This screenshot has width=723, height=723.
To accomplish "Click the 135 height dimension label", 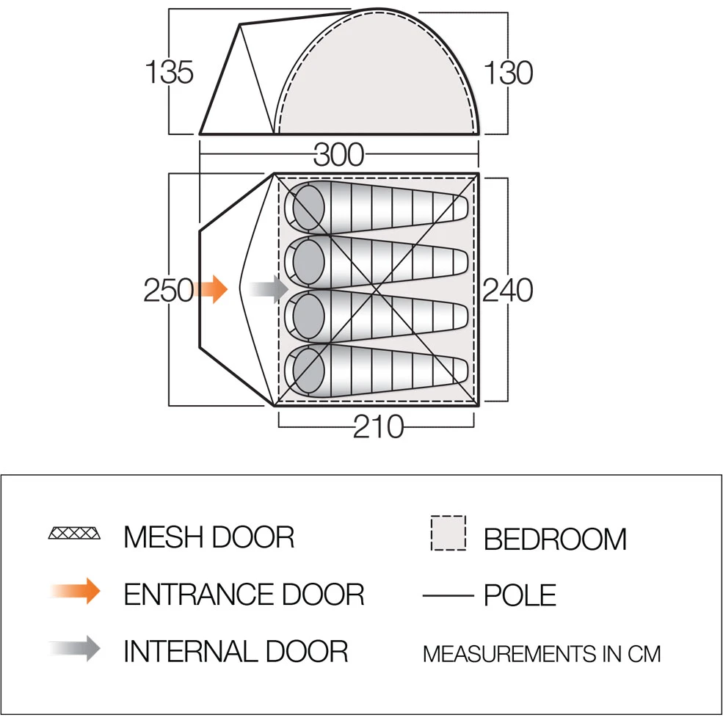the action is [169, 72].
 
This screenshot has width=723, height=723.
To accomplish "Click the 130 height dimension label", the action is [508, 73].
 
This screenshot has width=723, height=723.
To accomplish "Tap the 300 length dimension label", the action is [339, 154].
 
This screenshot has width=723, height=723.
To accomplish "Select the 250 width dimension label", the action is [168, 290].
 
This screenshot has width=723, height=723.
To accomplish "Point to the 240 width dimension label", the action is [508, 290].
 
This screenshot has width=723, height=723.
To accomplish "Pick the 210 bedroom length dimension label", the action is [378, 426].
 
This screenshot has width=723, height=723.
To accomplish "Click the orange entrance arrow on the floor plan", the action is [211, 290].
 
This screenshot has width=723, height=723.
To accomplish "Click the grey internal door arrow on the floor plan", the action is [269, 290].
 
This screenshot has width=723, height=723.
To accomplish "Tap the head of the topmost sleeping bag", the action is [308, 207].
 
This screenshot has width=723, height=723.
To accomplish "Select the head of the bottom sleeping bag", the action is [308, 370].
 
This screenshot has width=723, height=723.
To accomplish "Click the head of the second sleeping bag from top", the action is [308, 261].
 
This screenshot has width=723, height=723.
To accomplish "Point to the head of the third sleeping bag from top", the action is [308, 316].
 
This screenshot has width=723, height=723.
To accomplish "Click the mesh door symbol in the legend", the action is [74, 533].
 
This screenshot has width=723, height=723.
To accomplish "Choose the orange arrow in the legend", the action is [75, 591].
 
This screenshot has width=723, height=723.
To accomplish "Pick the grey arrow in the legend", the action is [75, 649].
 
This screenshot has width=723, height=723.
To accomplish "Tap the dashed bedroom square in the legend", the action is [448, 533].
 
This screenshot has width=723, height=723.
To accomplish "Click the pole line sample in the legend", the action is [448, 596].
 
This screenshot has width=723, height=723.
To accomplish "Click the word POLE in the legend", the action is [520, 595].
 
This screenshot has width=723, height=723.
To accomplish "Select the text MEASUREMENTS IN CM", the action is [542, 654].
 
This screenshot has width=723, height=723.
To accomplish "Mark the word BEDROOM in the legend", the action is [555, 539].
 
